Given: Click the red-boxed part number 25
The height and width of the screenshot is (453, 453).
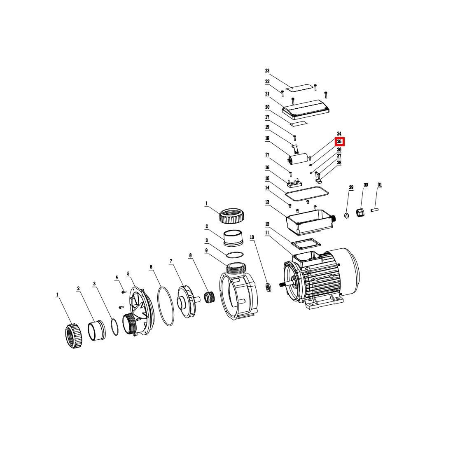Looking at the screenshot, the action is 339,142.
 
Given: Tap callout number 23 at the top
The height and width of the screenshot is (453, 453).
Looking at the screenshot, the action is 267,71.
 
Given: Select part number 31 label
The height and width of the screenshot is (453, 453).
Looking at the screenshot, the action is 380,185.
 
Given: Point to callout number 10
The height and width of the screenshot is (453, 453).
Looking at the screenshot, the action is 252,237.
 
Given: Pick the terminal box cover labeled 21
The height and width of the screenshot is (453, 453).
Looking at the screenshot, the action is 306,110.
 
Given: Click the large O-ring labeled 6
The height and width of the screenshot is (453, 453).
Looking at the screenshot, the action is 166,306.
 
